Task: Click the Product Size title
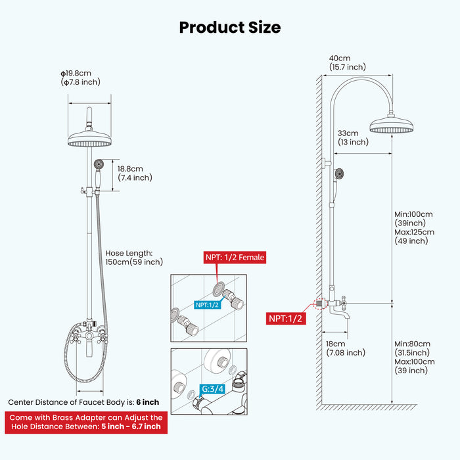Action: click(x=230, y=27)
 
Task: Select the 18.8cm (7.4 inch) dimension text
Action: click(x=135, y=173)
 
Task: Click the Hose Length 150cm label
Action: click(x=134, y=258)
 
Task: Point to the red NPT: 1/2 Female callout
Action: click(x=235, y=258)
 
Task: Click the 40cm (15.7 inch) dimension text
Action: click(x=348, y=62)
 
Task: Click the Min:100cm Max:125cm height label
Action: click(x=414, y=227)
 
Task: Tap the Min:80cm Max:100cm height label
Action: click(x=414, y=357)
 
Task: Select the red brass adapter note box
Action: click(x=85, y=422)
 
